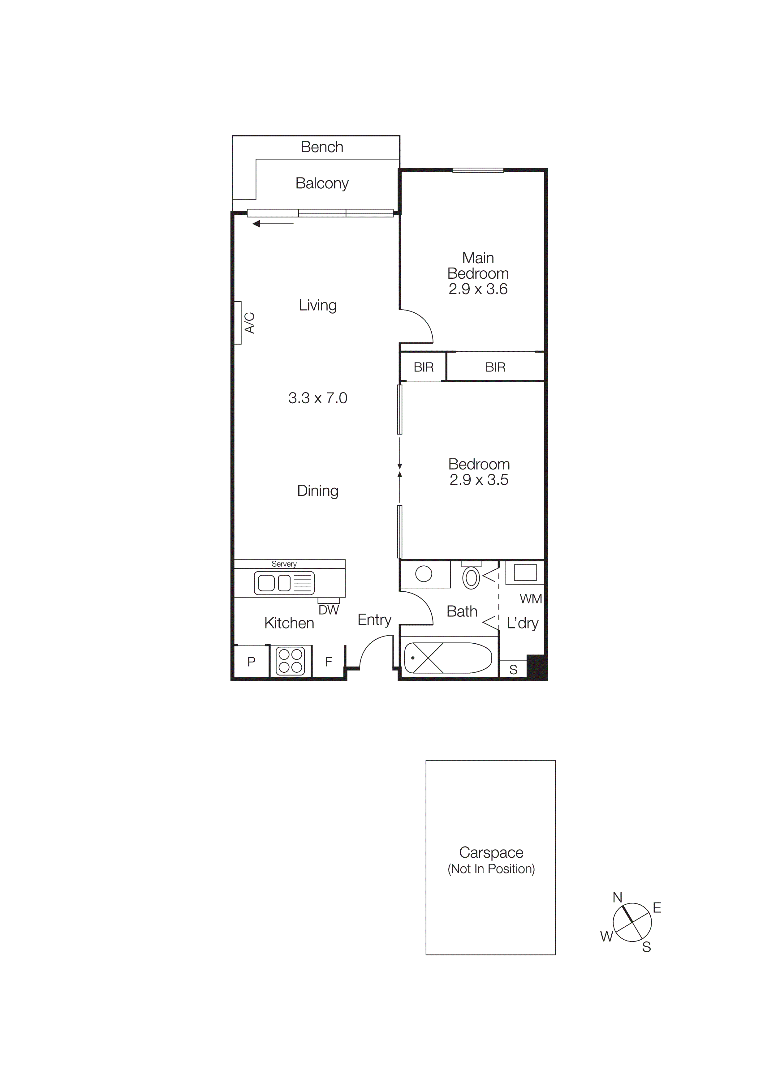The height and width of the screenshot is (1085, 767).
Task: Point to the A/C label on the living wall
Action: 249,323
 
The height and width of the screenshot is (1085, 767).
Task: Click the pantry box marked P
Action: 252,662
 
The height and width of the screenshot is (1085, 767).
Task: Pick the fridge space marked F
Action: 329,662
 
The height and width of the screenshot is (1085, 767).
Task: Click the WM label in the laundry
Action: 530,599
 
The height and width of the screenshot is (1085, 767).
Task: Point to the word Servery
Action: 284,564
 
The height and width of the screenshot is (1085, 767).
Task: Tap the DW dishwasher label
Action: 329,610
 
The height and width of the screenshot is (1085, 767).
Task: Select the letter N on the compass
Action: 617,897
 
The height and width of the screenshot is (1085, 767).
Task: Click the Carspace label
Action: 491,852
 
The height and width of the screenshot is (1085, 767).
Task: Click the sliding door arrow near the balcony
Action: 273,224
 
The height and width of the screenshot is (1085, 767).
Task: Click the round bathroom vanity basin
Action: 424,574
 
